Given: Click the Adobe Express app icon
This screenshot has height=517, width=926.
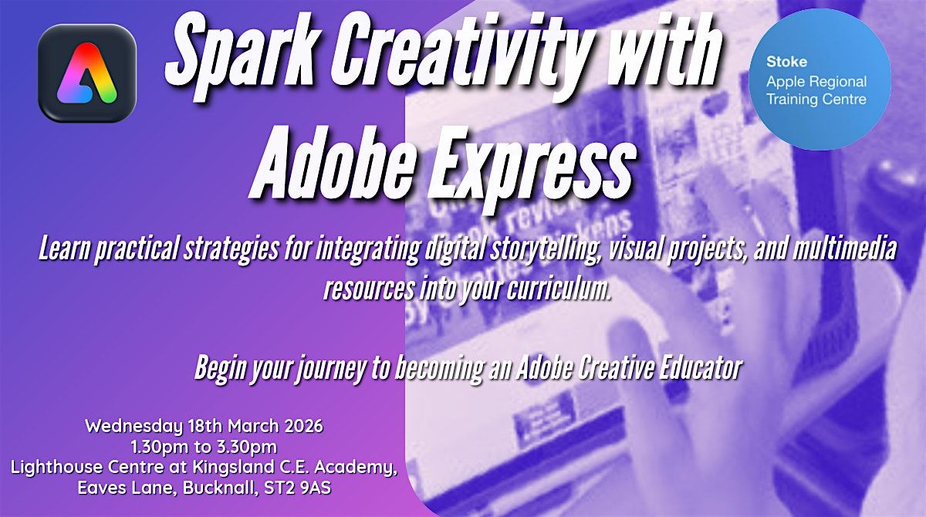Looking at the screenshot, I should pos(87,73).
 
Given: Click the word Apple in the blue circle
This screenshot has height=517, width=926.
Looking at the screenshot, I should pos(783,81).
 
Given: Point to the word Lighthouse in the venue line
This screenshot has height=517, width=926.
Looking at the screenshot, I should pos(51,468).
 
